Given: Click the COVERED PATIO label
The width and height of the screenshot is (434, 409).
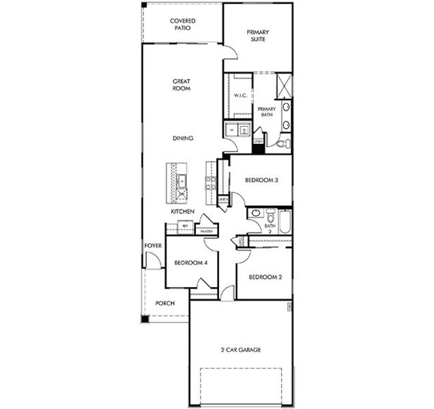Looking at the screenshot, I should (182, 25).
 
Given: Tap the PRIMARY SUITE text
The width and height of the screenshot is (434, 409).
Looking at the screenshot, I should (258, 35).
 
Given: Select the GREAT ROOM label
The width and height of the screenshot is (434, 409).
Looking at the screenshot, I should (182, 85).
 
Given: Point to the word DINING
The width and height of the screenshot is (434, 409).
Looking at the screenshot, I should (183, 138).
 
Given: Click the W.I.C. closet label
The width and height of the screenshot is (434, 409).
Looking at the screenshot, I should (240, 96).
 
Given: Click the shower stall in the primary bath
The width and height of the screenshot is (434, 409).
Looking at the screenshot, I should (284, 87).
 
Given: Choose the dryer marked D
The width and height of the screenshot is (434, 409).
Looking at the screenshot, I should (244, 129).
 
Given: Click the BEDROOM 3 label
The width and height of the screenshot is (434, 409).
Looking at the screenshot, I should (261, 181).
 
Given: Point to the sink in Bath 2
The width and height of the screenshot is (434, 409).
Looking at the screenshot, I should (255, 213).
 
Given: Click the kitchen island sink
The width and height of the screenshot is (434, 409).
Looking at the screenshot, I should (182, 181).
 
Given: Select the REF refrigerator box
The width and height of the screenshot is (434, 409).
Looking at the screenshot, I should (184, 225).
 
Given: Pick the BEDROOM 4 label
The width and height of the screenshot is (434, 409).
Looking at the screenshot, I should (191, 263).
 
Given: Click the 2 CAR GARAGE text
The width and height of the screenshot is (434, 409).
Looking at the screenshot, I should (240, 350).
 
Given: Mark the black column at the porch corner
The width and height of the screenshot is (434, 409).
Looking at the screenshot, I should (145, 318).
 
